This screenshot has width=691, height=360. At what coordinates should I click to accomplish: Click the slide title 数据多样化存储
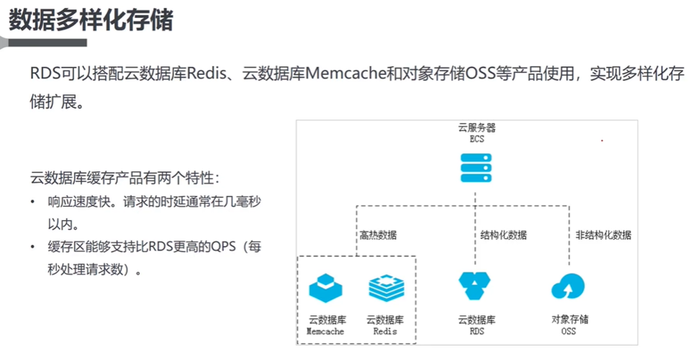(91, 20)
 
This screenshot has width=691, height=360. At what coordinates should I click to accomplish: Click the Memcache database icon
(325, 287)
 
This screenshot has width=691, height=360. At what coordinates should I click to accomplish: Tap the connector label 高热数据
(378, 235)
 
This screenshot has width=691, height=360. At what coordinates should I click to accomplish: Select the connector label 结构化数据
(504, 235)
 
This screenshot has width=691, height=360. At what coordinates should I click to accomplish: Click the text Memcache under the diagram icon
(325, 332)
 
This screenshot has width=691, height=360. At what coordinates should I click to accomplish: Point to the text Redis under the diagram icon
(386, 332)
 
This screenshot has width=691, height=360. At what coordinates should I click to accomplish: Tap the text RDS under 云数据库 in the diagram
(477, 332)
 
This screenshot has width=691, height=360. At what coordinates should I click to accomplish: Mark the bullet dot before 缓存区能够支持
(33, 248)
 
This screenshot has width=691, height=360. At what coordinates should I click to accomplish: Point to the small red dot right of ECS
(602, 141)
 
